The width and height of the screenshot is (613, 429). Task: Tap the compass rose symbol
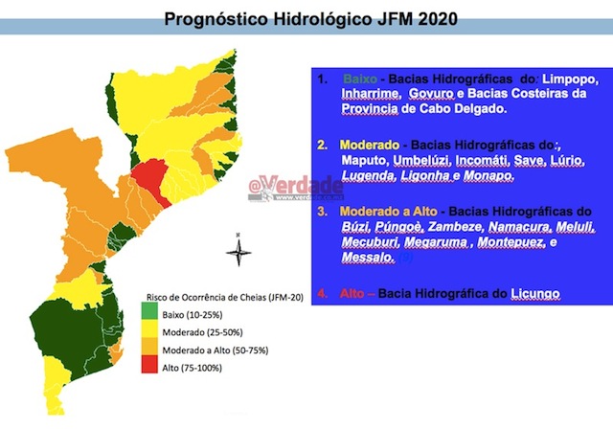pyautogui.click(x=239, y=252)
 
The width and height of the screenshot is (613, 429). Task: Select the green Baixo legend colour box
pyautogui.click(x=152, y=315)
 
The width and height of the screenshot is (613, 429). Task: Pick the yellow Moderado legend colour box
pyautogui.click(x=152, y=331)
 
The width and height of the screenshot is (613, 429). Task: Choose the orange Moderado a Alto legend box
pyautogui.click(x=152, y=350)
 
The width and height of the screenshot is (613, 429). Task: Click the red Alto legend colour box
pyautogui.click(x=152, y=367)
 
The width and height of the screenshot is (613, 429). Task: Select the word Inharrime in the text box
pyautogui.click(x=370, y=96)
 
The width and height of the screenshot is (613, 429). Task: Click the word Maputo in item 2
pyautogui.click(x=364, y=160)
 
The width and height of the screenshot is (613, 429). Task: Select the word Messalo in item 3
pyautogui.click(x=367, y=259)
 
